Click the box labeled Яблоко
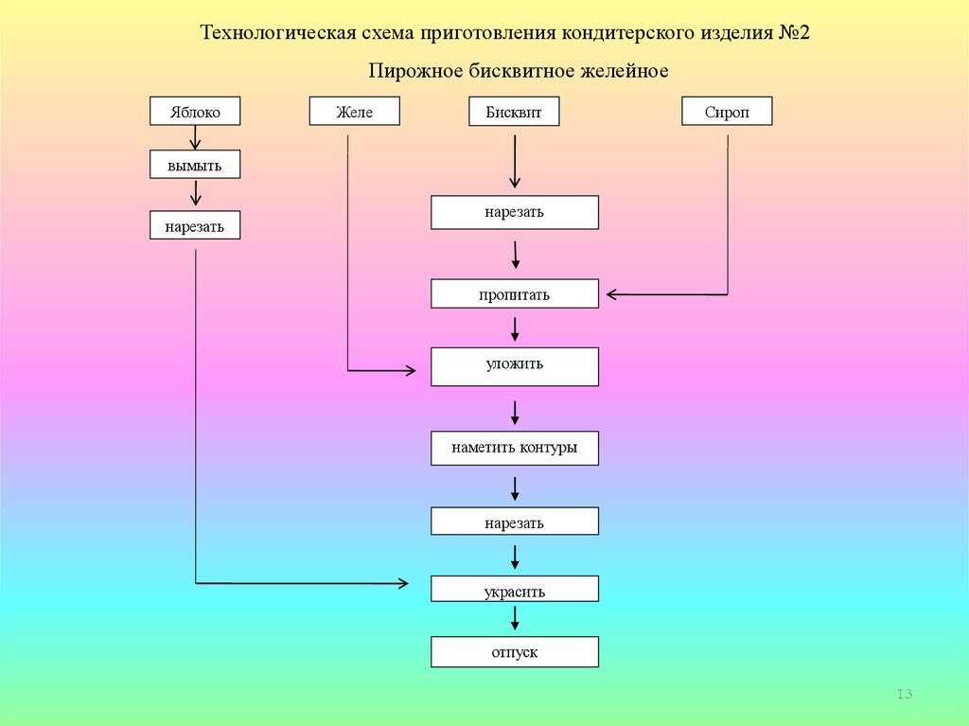(x=195, y=112)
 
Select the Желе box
(x=354, y=112)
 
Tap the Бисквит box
(x=514, y=112)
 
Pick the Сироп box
(x=727, y=112)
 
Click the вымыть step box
(x=195, y=166)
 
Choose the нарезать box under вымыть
(x=195, y=225)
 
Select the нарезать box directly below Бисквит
(x=515, y=212)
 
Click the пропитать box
(x=515, y=294)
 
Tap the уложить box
(x=515, y=365)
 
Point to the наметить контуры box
(x=515, y=448)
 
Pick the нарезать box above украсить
(x=515, y=522)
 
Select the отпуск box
(x=515, y=652)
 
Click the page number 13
(x=904, y=696)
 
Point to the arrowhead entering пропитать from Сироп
(x=611, y=294)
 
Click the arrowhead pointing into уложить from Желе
(x=411, y=370)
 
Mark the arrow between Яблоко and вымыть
(x=195, y=138)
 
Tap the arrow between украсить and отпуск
(x=515, y=619)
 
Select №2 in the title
(x=795, y=33)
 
